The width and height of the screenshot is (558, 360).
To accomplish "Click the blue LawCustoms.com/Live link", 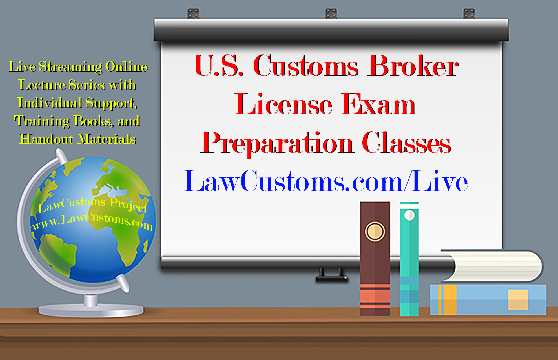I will tap(325, 182).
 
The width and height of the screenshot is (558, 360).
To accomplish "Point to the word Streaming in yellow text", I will tap(70, 67).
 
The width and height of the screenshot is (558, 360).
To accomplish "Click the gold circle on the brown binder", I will tap(375, 232).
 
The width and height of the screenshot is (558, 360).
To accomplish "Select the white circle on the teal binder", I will tap(409, 215).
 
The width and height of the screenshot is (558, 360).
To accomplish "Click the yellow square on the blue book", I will tap(518, 300).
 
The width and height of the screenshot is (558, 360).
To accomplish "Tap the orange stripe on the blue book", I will tap(448, 300).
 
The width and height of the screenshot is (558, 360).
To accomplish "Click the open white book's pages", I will tap(496, 266).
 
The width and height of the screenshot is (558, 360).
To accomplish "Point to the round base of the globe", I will tap(91, 311).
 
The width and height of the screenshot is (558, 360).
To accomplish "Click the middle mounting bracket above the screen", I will tap(331, 14).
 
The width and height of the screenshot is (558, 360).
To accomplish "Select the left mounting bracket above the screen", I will tap(193, 14).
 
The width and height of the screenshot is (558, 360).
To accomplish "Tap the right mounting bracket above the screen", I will tap(469, 14).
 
